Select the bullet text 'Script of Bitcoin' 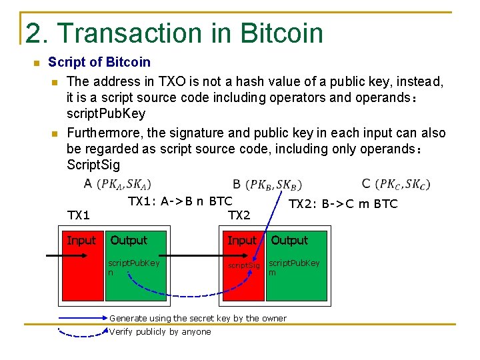(99, 63)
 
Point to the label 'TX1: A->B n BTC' (180, 201)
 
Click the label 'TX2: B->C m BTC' (343, 204)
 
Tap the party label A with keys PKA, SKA (117, 183)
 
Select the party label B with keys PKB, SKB (267, 183)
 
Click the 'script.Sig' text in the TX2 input (244, 265)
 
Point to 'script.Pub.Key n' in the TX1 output (133, 267)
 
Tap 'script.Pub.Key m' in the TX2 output (293, 267)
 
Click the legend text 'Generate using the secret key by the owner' (197, 318)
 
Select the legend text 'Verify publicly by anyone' (160, 331)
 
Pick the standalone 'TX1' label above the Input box (79, 215)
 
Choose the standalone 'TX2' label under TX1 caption (239, 215)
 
